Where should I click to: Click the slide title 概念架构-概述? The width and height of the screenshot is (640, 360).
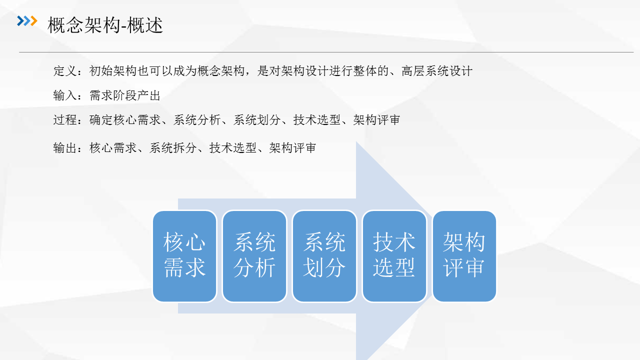click(105, 25)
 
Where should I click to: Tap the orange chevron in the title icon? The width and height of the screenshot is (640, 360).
click(34, 21)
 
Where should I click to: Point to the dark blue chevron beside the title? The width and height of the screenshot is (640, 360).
click(20, 21)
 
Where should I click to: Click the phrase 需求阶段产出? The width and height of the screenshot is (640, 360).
click(125, 95)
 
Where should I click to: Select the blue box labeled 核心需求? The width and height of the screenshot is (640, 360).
click(184, 256)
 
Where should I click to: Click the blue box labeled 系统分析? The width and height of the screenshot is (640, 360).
click(254, 256)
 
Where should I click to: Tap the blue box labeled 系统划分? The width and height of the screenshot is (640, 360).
click(324, 256)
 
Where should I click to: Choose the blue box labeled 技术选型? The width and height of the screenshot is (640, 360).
click(394, 256)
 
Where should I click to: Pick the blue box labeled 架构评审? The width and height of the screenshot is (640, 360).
click(464, 256)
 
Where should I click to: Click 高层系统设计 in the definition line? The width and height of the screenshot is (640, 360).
click(437, 71)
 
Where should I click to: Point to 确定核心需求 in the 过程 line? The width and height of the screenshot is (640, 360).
click(125, 119)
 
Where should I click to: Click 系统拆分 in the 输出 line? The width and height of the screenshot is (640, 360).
click(173, 148)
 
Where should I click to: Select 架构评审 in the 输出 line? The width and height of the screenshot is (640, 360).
click(293, 148)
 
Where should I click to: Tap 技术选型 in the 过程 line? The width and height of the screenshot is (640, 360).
click(317, 119)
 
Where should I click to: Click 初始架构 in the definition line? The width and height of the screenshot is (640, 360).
click(113, 71)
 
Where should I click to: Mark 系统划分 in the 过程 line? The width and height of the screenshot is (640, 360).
click(257, 119)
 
